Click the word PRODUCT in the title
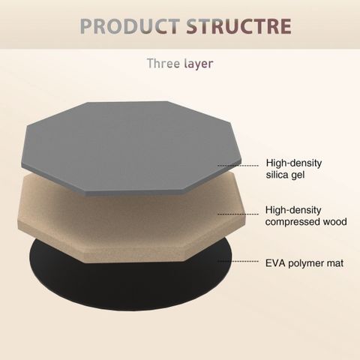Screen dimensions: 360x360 [130, 26]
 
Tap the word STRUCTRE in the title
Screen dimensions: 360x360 [239, 26]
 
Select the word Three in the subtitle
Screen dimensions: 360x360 [163, 63]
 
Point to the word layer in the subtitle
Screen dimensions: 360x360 [199, 64]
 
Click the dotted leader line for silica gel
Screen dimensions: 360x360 [238, 165]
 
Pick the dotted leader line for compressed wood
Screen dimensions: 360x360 [238, 214]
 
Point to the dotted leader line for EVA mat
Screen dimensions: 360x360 [238, 262]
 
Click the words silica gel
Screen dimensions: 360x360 [285, 175]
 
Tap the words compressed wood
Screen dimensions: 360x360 [306, 222]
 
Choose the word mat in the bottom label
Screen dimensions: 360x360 [335, 263]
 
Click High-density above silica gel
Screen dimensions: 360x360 [294, 163]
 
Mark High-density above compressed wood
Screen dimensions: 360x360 [293, 210]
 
